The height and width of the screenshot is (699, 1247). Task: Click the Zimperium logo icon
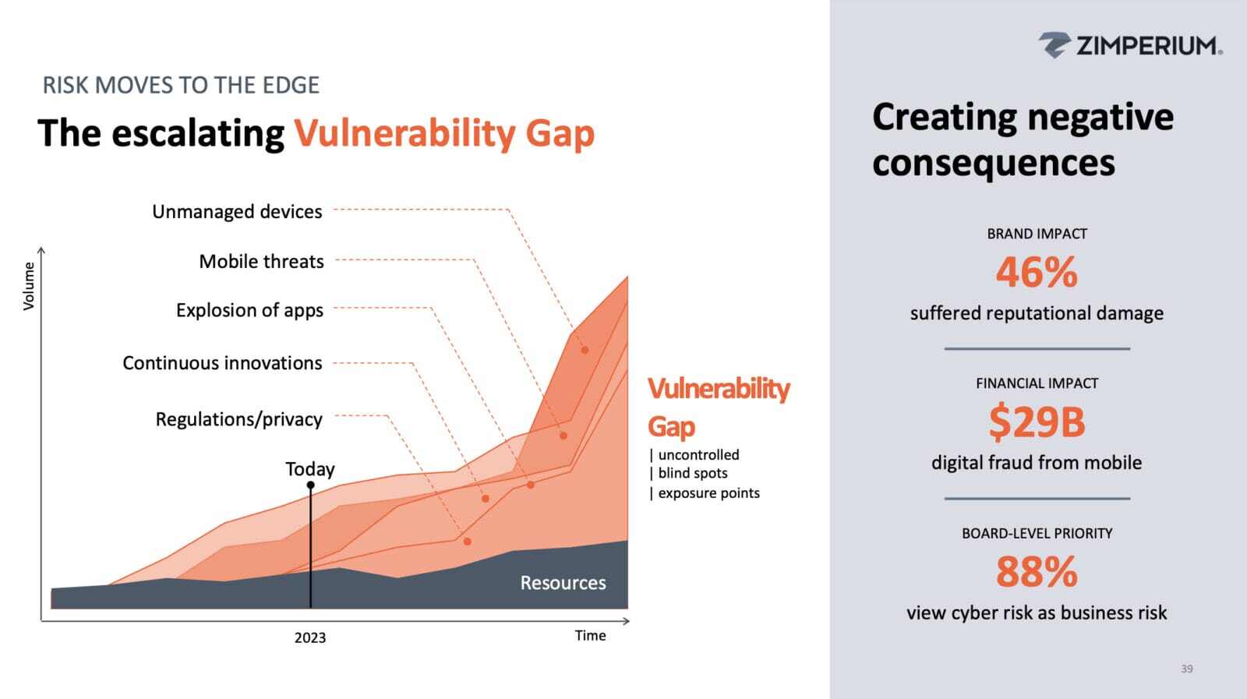tap(1054, 45)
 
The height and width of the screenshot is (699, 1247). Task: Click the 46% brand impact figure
tap(1036, 273)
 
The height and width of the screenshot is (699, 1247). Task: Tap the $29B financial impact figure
tap(1036, 422)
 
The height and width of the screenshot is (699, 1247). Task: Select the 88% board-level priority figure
tap(1036, 572)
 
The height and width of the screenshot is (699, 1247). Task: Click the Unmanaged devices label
tap(237, 212)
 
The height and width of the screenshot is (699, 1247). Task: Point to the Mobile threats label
tap(261, 262)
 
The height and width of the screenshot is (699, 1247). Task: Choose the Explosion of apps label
tap(249, 310)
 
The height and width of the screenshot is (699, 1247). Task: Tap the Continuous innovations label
tap(222, 363)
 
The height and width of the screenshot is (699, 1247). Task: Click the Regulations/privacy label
tap(238, 419)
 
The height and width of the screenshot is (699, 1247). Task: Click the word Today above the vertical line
tap(309, 469)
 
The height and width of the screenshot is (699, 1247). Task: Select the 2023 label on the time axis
tap(309, 637)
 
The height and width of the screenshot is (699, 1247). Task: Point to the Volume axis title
tap(29, 286)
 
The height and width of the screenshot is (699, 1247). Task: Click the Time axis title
tap(590, 636)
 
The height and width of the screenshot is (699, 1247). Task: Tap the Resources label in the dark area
tap(563, 583)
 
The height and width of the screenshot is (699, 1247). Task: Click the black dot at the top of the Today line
tap(310, 485)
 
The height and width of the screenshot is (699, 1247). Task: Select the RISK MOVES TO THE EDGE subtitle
tap(181, 85)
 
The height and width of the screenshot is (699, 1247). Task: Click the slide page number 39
tap(1186, 669)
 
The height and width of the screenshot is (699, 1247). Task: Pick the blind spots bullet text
tap(692, 473)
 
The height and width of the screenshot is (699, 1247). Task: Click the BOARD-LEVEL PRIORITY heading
tap(1037, 534)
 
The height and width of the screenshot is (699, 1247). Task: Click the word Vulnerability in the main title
tap(404, 133)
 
